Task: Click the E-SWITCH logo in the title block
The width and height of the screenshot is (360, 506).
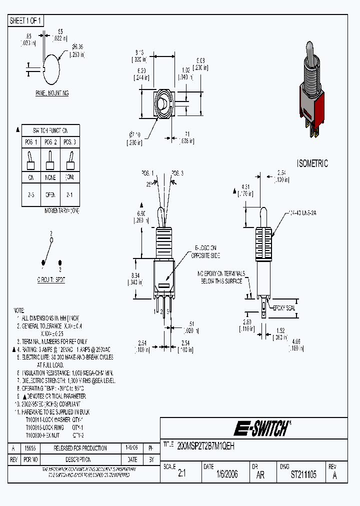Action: (x=261, y=428)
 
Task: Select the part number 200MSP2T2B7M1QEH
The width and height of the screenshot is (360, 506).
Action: (x=206, y=444)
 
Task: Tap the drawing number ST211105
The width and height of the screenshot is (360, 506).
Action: (x=303, y=474)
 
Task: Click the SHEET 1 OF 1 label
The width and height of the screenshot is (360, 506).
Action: (x=26, y=20)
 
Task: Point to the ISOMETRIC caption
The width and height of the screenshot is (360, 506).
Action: (x=312, y=163)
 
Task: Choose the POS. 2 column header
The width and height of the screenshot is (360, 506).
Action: (x=51, y=142)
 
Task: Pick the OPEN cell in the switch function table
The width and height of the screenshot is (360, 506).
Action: (x=51, y=195)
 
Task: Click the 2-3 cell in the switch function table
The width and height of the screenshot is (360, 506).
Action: (x=31, y=195)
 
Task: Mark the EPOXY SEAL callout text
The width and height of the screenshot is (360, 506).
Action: (x=283, y=308)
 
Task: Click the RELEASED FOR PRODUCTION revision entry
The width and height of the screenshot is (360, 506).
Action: (x=80, y=448)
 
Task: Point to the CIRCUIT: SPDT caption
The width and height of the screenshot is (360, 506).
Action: (x=51, y=280)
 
